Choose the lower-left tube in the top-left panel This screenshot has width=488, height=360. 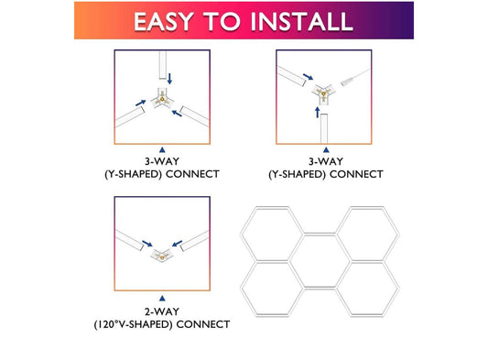click(x=133, y=115)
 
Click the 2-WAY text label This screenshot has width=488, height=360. click(x=161, y=311)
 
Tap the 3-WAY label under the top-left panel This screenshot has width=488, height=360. click(x=162, y=160)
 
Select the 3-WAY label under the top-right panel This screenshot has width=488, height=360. click(x=324, y=160)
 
